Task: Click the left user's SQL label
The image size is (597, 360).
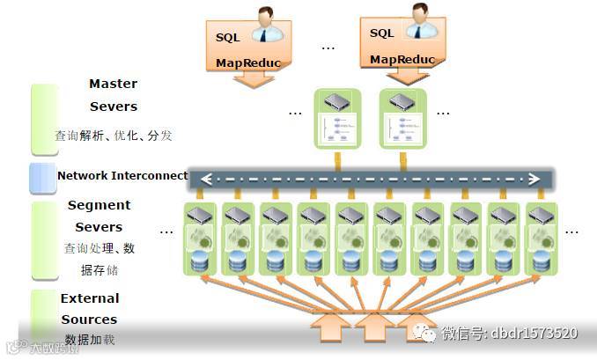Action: coord(227,38)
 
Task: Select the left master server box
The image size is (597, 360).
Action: coord(338,118)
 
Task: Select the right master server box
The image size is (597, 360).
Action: coord(402,118)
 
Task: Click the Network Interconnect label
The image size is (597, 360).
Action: coord(122,175)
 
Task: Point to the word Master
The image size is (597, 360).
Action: coord(114,84)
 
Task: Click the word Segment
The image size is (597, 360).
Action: coord(99,205)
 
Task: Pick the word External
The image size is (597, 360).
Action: coord(90,298)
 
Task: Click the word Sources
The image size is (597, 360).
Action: coord(89,320)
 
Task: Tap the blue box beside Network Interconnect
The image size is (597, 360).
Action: coord(43,177)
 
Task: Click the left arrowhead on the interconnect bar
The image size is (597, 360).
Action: coord(207,179)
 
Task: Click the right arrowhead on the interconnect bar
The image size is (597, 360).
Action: coord(534,179)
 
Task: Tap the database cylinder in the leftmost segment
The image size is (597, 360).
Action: coord(201,261)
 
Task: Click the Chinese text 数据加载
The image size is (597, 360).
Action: coord(90,341)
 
